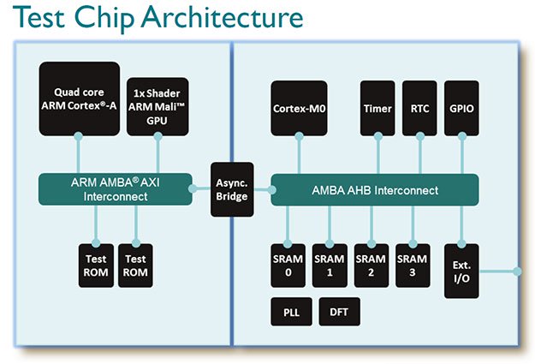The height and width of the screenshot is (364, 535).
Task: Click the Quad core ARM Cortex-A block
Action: click(80, 98)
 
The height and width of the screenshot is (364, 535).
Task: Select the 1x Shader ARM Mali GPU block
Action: click(158, 106)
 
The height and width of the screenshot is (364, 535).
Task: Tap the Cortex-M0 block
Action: click(299, 108)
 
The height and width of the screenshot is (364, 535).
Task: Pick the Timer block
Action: click(377, 108)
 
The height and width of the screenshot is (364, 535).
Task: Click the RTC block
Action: click(419, 108)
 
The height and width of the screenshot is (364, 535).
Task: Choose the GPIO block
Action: click(461, 108)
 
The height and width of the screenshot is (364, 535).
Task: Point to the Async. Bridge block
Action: click(232, 189)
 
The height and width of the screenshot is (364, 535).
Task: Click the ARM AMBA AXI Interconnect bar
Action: click(116, 189)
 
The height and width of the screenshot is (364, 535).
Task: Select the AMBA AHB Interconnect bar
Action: click(375, 190)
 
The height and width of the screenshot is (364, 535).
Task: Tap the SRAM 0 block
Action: click(288, 266)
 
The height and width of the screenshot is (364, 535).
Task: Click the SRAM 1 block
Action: click(330, 266)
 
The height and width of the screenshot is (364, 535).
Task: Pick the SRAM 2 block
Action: click(372, 266)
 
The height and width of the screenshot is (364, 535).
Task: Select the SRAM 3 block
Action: click(413, 266)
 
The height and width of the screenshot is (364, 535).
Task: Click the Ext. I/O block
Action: click(461, 272)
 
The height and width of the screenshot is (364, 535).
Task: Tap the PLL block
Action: click(291, 312)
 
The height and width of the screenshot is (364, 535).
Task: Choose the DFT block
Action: click(339, 312)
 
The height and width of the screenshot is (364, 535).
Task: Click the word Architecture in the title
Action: click(222, 17)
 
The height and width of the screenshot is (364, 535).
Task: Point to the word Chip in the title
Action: click(104, 19)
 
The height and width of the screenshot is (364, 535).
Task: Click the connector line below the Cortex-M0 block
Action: click(300, 155)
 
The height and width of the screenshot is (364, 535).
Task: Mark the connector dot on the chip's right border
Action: click(518, 272)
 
